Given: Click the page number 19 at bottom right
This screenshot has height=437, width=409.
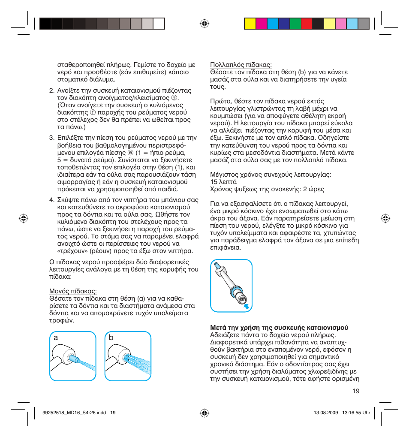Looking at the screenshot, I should click(355, 391).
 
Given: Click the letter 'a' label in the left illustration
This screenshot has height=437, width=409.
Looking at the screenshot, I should click(55, 338).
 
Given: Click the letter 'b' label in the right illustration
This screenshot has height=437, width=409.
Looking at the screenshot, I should click(111, 338).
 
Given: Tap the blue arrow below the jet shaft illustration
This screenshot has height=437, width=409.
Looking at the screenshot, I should click(246, 306).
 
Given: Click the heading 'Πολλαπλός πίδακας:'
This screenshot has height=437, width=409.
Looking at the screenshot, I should click(241, 65).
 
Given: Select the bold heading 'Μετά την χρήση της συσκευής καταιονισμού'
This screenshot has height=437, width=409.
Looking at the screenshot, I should click(279, 328).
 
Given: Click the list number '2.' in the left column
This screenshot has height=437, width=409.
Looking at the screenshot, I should click(51, 90).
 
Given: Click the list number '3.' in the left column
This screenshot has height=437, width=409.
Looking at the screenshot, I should click(51, 138).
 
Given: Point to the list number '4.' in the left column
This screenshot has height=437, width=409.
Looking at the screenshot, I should click(51, 200).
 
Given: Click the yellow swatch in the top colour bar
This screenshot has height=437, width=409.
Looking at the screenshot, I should click(250, 24).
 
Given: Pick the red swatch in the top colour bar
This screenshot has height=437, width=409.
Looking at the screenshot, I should click(307, 24).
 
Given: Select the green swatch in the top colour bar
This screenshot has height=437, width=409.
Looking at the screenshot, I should click(295, 24).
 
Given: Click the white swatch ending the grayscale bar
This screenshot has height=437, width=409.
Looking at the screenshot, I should click(159, 24).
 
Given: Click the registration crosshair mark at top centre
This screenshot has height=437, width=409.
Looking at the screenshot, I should click(204, 24).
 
